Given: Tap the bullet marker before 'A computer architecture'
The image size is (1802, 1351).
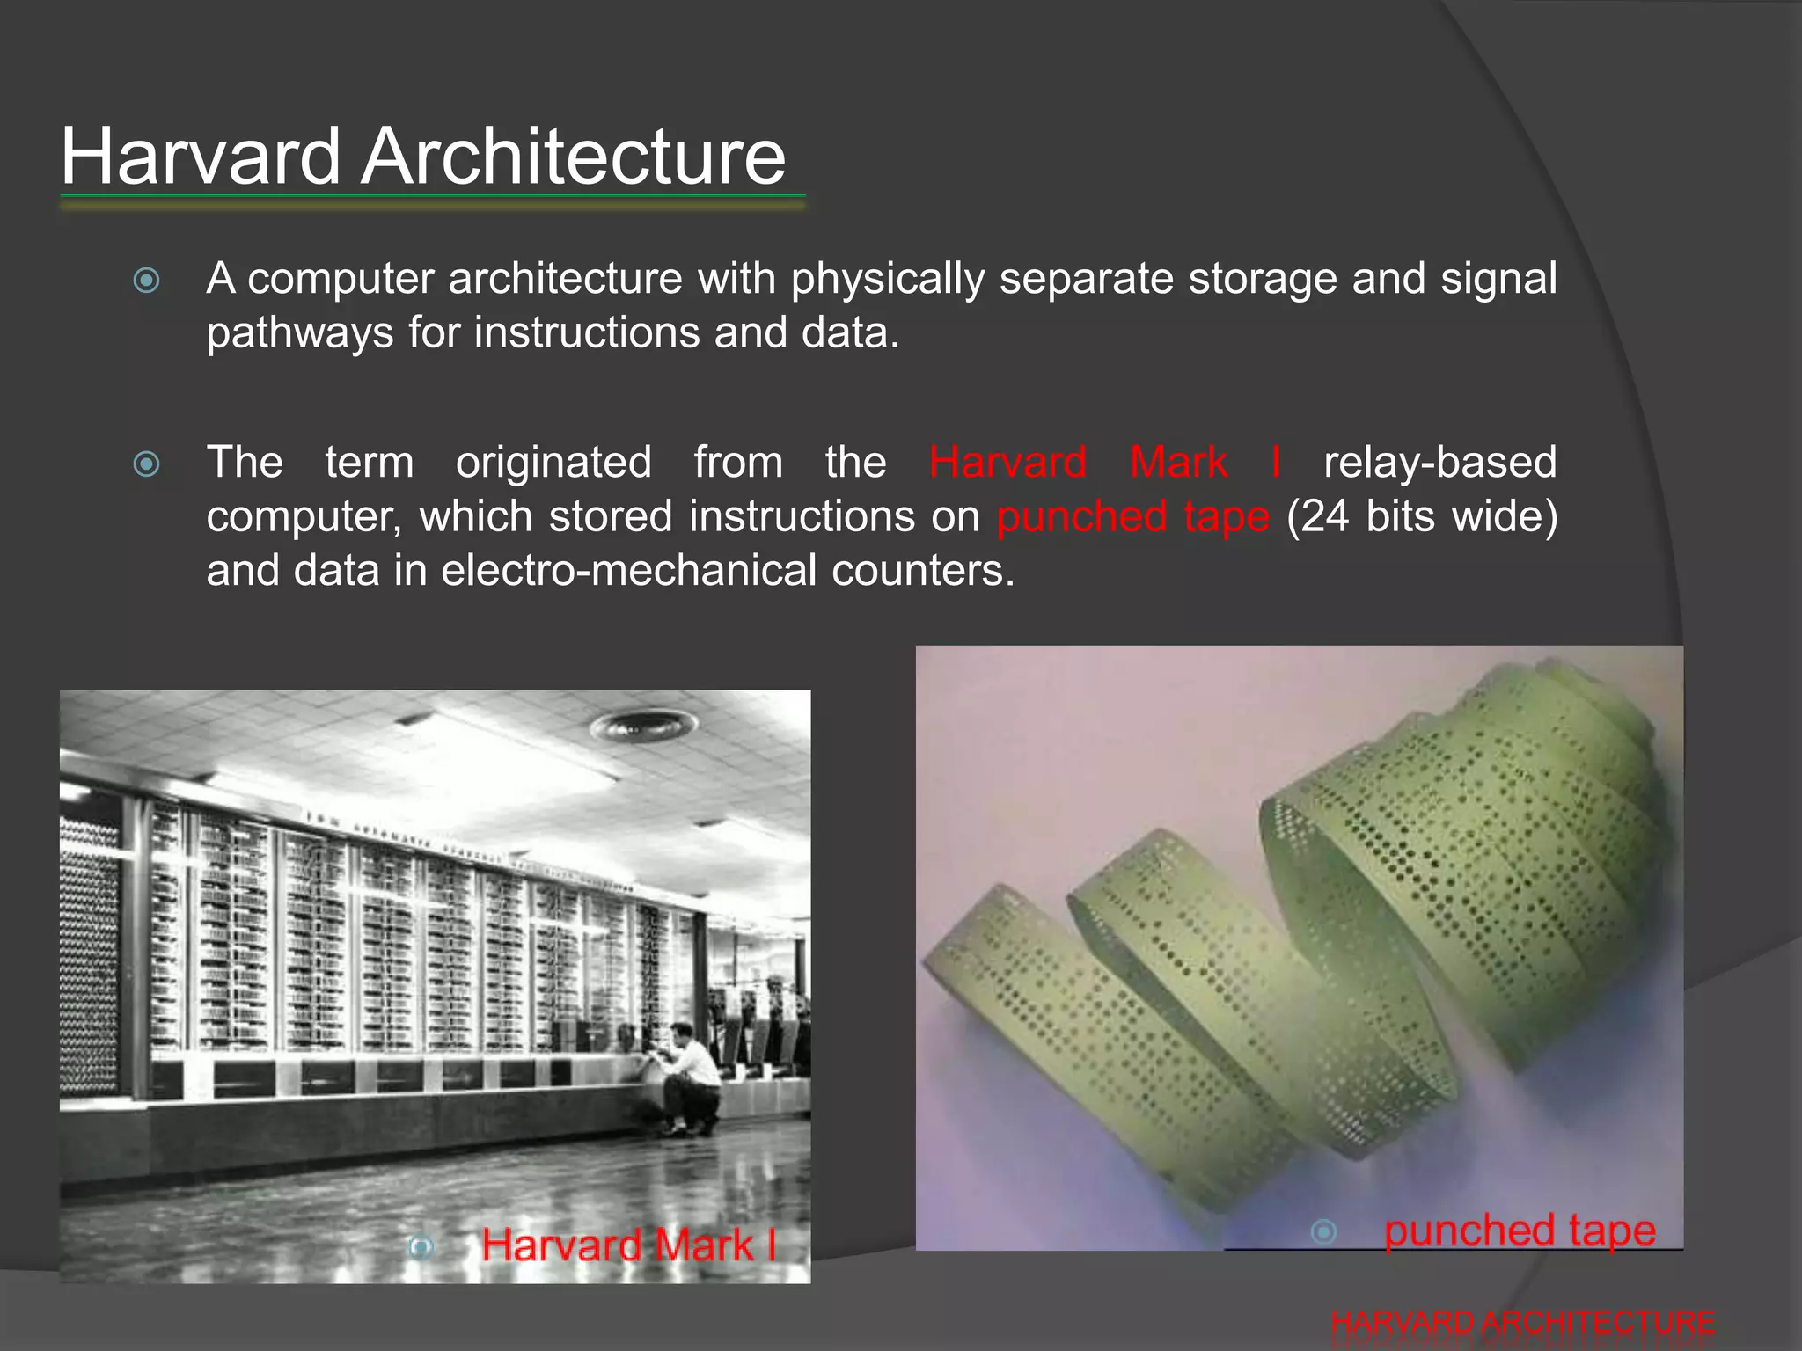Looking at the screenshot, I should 146,281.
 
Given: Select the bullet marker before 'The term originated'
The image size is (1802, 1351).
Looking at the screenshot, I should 146,464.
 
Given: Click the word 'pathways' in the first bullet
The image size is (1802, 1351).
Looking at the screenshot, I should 299,334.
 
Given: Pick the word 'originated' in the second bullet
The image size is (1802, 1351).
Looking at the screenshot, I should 553,463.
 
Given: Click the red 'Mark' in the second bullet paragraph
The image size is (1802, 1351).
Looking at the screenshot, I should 1178,463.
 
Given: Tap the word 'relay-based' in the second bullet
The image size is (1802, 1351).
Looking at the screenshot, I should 1439,463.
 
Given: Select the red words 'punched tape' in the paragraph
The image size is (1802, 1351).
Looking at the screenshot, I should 1133,517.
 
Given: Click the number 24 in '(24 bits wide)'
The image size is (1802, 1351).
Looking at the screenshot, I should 1325,517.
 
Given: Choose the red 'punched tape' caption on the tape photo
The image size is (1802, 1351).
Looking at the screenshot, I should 1520,1231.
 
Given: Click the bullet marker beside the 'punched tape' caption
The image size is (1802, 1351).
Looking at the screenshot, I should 1323,1232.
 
